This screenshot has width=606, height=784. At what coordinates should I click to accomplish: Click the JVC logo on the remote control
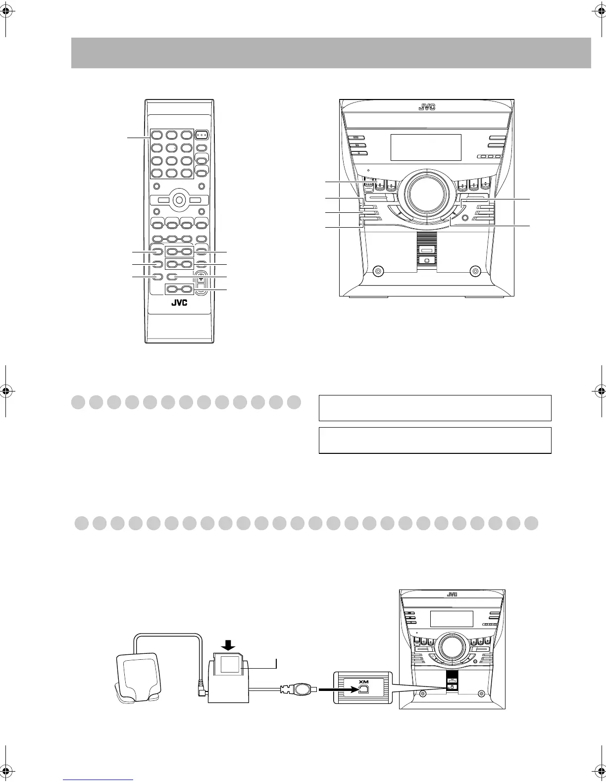point(179,303)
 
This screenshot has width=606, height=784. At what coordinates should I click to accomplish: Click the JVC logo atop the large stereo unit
point(426,107)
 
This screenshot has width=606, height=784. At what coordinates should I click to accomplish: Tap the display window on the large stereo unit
point(426,147)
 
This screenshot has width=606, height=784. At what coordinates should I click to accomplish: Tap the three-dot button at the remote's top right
point(202,134)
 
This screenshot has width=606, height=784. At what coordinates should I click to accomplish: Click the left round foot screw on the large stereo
point(377,271)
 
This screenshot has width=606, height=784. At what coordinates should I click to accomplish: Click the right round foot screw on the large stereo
point(475,271)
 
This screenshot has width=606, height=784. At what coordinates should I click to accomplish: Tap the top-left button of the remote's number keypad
point(157,135)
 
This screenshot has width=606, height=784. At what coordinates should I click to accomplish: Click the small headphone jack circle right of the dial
point(464,217)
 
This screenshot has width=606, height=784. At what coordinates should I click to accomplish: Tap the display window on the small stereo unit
point(451,619)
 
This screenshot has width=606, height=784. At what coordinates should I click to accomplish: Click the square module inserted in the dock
point(230,664)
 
